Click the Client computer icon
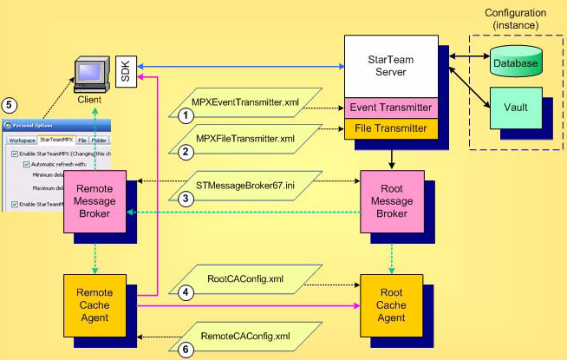tap(89, 77)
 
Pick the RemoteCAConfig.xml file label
tap(244, 334)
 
